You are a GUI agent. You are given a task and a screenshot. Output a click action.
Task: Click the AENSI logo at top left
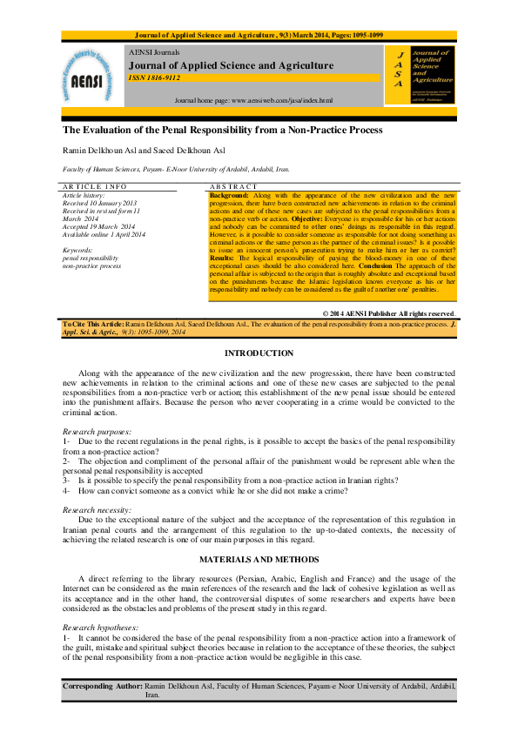click(x=91, y=77)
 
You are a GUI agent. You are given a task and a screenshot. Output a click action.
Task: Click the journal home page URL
click(x=253, y=101)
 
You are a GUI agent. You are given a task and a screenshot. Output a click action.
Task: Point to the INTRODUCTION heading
click(x=259, y=353)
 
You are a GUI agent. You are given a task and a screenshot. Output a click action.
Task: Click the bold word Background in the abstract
click(x=229, y=196)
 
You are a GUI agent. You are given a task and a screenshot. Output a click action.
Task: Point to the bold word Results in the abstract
click(x=224, y=259)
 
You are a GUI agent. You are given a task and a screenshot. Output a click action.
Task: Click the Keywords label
click(x=79, y=251)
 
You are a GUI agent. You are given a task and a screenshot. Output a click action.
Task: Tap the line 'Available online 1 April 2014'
click(x=104, y=235)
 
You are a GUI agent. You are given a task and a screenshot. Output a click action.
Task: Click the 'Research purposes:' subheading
click(x=98, y=432)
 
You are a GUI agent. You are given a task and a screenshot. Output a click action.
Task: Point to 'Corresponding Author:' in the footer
click(x=104, y=687)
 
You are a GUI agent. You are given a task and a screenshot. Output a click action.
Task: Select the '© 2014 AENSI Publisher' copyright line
click(x=389, y=313)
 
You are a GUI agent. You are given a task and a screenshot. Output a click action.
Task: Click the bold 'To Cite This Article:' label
click(x=94, y=323)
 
